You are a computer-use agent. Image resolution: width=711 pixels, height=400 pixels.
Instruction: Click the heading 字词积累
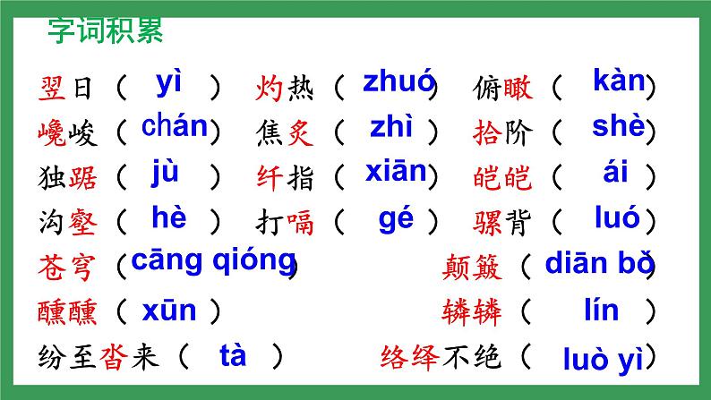point(105,33)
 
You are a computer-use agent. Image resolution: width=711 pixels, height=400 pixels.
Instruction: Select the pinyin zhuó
point(398,81)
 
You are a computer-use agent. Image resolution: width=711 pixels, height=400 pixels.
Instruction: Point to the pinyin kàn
point(619,81)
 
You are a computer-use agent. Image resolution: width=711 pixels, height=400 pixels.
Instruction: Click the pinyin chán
point(175,127)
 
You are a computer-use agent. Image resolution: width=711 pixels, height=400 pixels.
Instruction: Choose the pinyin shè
point(618,128)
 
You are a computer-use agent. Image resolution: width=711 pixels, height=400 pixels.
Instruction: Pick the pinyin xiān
point(397,173)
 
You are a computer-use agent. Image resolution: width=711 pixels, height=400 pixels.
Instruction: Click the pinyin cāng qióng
point(213,260)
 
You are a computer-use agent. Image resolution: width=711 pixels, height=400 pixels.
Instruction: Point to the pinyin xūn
point(168,311)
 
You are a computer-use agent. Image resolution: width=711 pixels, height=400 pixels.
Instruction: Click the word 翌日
point(65,88)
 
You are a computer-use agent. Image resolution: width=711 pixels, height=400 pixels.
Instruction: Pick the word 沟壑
point(65,221)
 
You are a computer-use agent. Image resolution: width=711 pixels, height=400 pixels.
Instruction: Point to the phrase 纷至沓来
point(99,358)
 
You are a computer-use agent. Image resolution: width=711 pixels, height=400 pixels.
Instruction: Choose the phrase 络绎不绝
point(440,358)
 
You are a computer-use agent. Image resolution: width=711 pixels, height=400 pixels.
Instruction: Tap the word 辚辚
point(472,312)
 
